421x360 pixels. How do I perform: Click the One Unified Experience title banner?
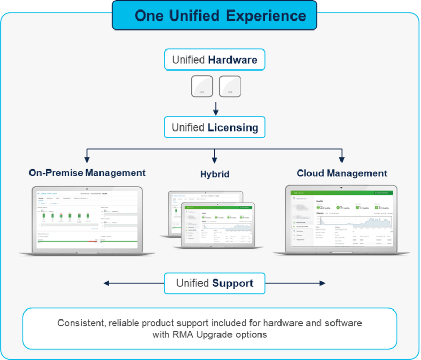click(214, 15)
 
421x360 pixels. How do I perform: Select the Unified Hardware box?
click(214, 60)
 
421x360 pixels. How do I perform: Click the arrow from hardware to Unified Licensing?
click(215, 108)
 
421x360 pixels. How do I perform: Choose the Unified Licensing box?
click(214, 127)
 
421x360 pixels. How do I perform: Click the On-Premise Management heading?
click(87, 173)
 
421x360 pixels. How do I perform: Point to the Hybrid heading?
click(215, 174)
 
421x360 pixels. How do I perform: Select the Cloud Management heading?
click(342, 173)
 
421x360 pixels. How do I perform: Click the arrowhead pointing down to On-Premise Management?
click(87, 159)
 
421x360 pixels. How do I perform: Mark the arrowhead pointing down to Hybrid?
click(215, 159)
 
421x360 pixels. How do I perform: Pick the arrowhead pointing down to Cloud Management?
click(342, 159)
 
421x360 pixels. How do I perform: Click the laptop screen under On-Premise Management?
click(87, 218)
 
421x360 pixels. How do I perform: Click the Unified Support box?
click(215, 283)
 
